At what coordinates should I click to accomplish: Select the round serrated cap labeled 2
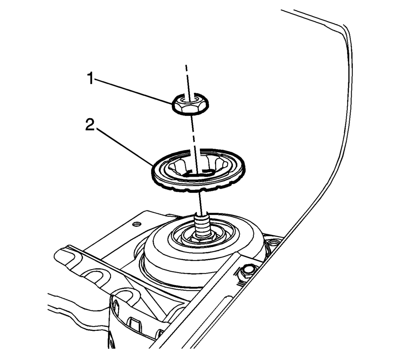(198, 171)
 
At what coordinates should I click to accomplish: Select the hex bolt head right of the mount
(247, 271)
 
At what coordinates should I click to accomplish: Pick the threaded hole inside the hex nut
(190, 100)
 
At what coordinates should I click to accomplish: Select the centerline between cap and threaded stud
(201, 200)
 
